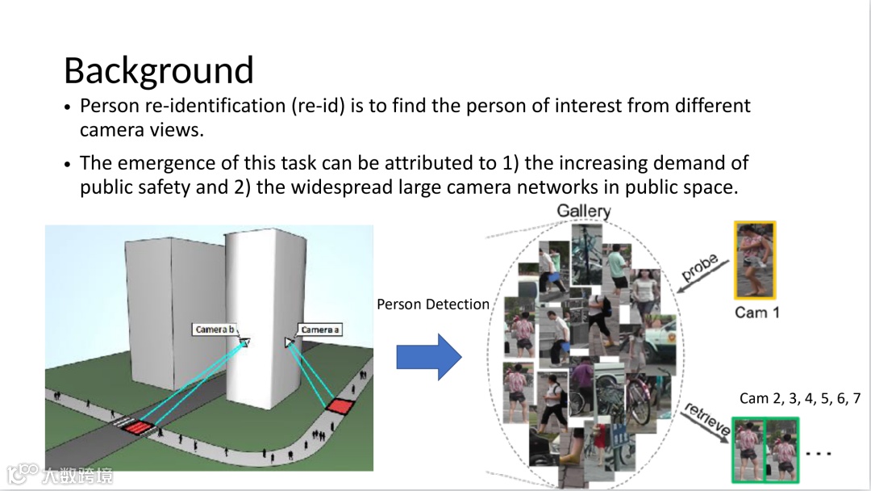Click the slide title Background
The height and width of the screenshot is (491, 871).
[x=159, y=71]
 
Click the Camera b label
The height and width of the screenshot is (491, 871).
[x=215, y=330]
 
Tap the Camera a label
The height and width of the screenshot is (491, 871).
[x=319, y=329]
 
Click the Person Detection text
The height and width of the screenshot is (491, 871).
[x=433, y=304]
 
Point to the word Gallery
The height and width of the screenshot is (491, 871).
[x=584, y=212]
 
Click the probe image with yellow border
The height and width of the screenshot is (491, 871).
[x=755, y=261]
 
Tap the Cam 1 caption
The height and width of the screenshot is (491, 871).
[x=756, y=312]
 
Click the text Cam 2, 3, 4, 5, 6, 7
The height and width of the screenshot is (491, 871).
[x=800, y=398]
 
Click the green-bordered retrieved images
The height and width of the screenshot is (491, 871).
[x=765, y=449]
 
